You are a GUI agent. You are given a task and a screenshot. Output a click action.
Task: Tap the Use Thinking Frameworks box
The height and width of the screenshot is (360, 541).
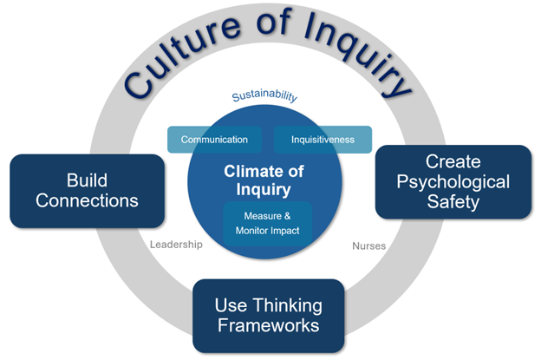point(268,315)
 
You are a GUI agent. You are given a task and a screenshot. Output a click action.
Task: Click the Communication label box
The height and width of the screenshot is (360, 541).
point(214,140)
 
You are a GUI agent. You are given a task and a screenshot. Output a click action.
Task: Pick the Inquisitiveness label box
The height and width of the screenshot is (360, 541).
point(323,140)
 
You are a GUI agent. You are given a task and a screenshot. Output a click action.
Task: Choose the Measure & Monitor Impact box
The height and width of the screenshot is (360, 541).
point(268,224)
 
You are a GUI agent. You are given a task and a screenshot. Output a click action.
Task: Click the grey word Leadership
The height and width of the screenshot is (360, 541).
point(175,245)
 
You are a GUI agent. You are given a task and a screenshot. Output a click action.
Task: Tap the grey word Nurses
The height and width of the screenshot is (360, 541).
point(368,245)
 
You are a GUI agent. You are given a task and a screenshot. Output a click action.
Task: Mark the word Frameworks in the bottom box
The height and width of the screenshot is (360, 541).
point(268,326)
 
